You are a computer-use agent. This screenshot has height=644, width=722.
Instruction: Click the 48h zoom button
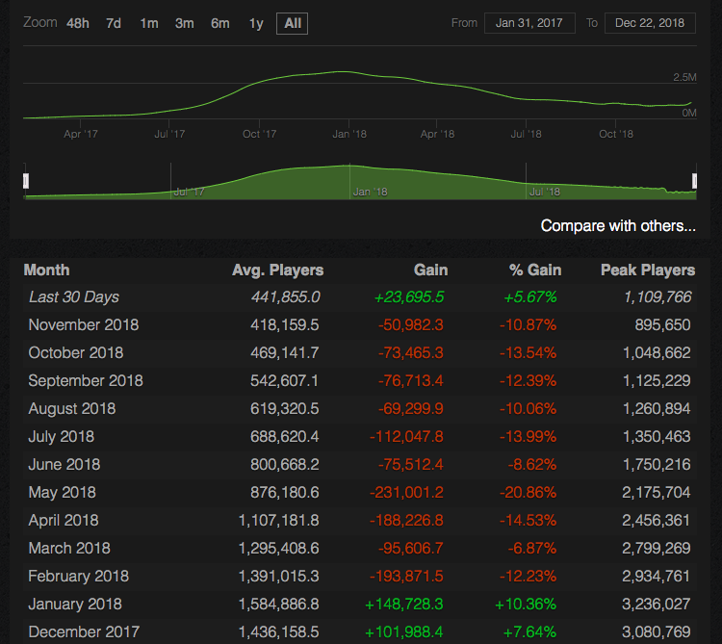click(x=77, y=23)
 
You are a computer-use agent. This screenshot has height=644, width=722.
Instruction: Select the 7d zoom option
click(x=114, y=23)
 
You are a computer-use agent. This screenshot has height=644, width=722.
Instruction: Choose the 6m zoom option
click(x=220, y=23)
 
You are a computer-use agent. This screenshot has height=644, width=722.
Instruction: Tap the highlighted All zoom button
click(x=292, y=23)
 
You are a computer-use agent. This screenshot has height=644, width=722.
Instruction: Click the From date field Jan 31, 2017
click(x=530, y=23)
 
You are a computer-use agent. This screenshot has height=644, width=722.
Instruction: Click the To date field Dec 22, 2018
click(x=650, y=23)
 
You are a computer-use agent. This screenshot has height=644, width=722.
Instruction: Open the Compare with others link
click(x=617, y=226)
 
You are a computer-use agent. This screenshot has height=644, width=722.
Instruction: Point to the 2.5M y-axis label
click(x=684, y=77)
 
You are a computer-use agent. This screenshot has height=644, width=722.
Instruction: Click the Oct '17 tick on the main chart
click(x=259, y=134)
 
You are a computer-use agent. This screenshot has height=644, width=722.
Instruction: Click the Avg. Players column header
click(x=277, y=270)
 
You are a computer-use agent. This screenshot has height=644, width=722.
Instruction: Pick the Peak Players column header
click(x=647, y=270)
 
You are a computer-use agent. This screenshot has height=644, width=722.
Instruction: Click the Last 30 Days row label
click(x=74, y=297)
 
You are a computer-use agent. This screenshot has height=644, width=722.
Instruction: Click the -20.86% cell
click(x=528, y=492)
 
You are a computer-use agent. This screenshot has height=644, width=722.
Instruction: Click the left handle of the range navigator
click(x=26, y=181)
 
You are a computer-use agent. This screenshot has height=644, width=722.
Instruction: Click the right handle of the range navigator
click(x=694, y=181)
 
